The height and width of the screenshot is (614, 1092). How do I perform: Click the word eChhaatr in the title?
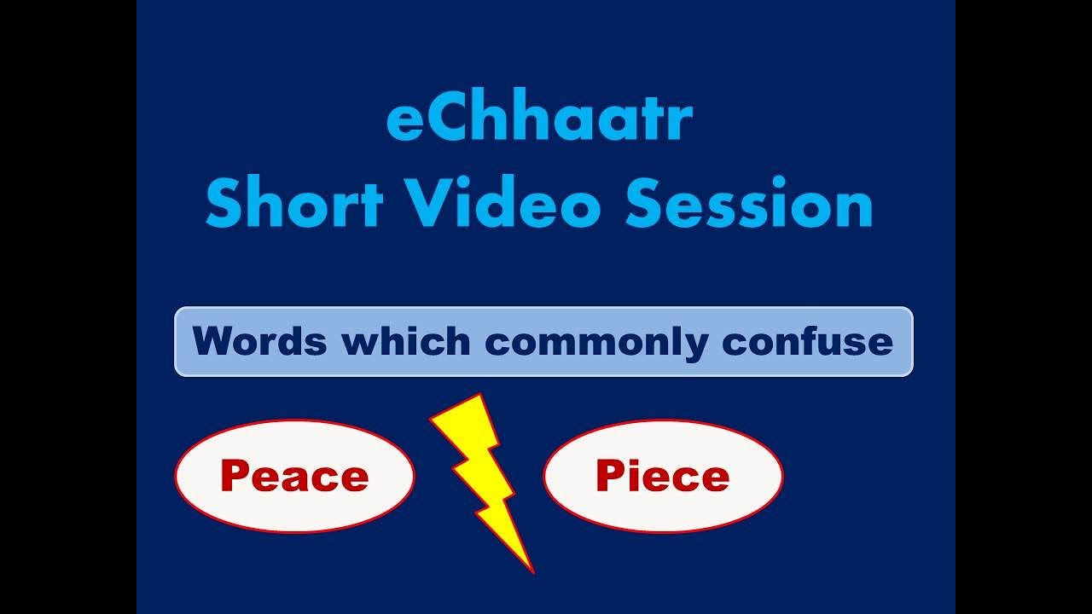[538, 121]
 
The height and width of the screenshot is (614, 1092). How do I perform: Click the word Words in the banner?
[259, 342]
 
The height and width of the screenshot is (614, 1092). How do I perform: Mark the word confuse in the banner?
[807, 342]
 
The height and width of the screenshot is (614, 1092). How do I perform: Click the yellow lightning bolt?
[481, 478]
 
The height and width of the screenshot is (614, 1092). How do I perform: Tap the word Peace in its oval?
[294, 476]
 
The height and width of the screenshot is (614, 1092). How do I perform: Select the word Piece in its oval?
[663, 476]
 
